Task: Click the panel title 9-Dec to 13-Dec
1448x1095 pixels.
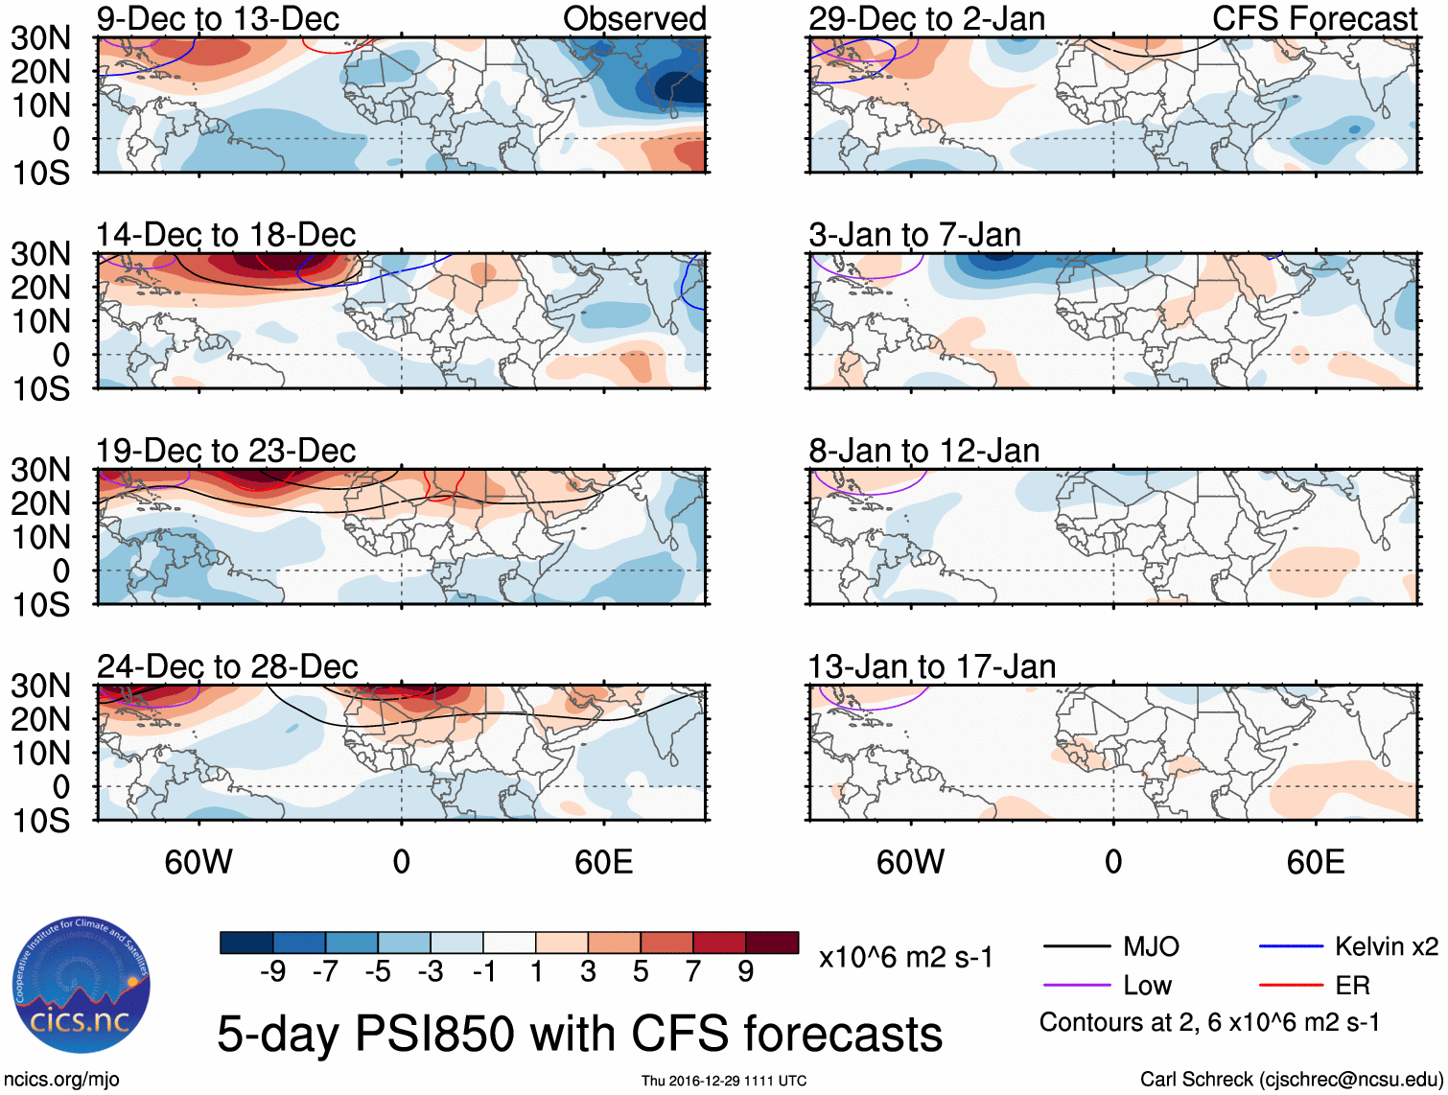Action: click(218, 18)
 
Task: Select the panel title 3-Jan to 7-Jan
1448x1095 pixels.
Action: click(914, 235)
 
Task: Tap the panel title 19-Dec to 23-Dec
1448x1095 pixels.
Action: click(225, 451)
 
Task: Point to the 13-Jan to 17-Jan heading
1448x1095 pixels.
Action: click(931, 666)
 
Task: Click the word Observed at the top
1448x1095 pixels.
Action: click(634, 18)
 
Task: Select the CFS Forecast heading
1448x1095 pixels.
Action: click(1314, 18)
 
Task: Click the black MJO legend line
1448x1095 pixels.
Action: click(1077, 947)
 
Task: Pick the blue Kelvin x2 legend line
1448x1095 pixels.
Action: click(1291, 947)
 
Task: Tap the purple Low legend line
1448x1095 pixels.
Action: click(1077, 986)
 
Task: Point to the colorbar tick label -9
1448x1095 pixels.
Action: click(273, 972)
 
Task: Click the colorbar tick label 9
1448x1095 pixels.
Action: click(745, 972)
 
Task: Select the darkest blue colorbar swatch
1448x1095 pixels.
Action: click(246, 943)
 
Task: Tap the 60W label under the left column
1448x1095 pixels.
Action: click(199, 862)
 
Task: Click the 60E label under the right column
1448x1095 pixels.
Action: click(1315, 862)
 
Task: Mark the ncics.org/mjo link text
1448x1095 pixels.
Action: click(61, 1080)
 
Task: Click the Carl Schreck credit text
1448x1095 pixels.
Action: click(1291, 1080)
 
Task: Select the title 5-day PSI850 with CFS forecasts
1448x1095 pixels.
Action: click(579, 1034)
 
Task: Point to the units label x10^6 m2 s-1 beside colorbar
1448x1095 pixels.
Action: click(906, 957)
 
